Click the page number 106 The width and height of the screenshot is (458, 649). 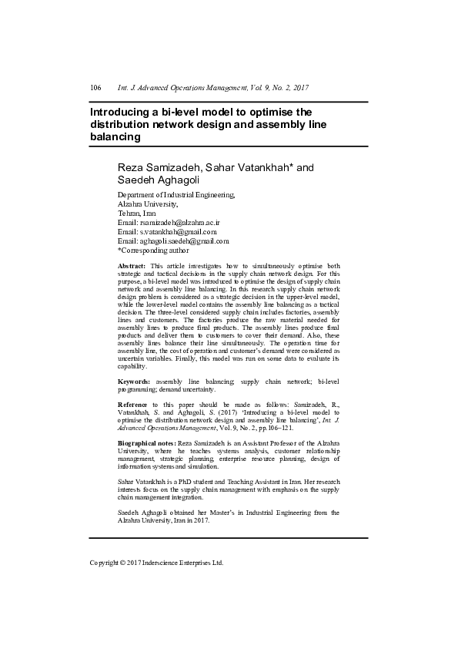pyautogui.click(x=96, y=88)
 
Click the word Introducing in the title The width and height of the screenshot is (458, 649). pyautogui.click(x=123, y=112)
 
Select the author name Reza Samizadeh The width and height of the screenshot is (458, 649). pyautogui.click(x=159, y=167)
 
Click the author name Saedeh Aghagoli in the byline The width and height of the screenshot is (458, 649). pyautogui.click(x=156, y=180)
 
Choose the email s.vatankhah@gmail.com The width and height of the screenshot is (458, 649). pyautogui.click(x=178, y=231)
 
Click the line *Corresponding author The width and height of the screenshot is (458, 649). pyautogui.click(x=152, y=250)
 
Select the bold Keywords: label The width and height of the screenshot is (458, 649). pyautogui.click(x=134, y=382)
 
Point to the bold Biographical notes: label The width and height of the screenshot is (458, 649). pyautogui.click(x=146, y=444)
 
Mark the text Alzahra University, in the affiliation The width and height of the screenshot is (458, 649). pyautogui.click(x=148, y=203)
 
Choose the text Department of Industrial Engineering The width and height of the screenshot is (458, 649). pyautogui.click(x=176, y=194)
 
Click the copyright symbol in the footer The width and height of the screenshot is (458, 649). pyautogui.click(x=125, y=563)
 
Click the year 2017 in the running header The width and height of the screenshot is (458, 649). pyautogui.click(x=302, y=88)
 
